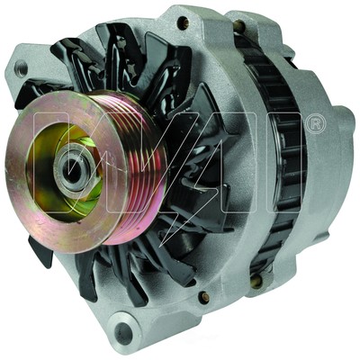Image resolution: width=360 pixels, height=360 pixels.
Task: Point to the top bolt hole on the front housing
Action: [x=184, y=22]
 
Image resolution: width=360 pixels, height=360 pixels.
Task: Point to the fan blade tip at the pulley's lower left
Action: [x=41, y=252]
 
